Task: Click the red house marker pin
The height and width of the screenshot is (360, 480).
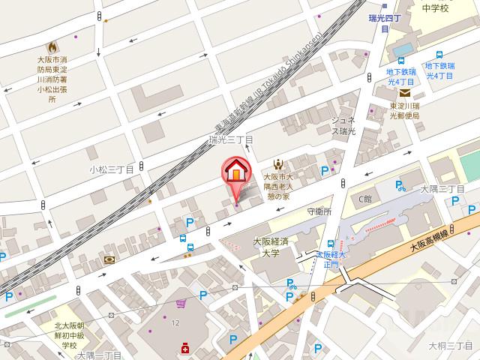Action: point(235,174)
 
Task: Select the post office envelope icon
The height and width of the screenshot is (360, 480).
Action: point(405,93)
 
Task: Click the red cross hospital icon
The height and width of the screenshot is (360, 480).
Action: point(184,347)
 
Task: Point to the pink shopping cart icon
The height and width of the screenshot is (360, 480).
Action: point(181,304)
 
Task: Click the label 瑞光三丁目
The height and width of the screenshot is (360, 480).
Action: point(231,139)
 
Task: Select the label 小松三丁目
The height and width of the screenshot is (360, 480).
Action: point(111,169)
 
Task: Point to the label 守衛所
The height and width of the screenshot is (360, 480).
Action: point(319,211)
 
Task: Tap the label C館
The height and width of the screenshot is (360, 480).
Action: point(364,199)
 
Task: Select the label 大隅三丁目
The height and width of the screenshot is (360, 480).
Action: point(442,188)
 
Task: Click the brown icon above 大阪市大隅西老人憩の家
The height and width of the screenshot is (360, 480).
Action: point(277,163)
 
